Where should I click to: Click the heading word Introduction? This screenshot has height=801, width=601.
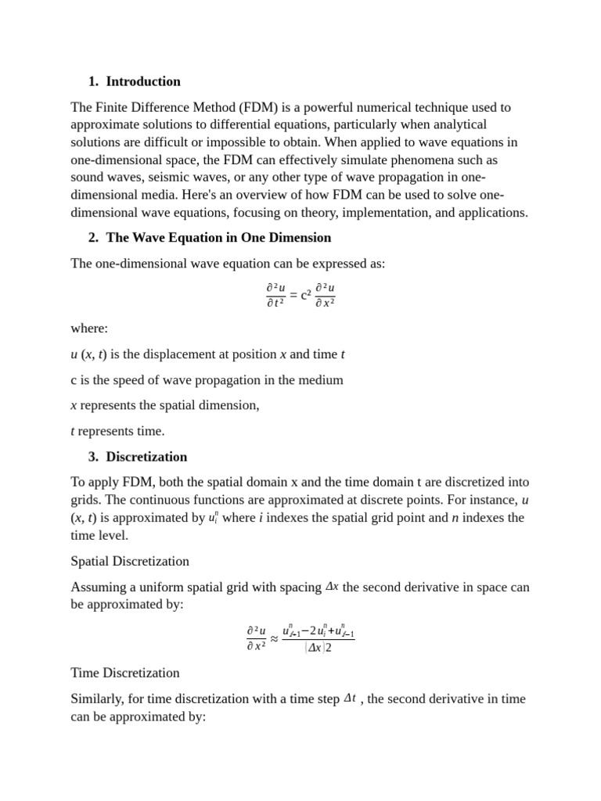pyautogui.click(x=143, y=81)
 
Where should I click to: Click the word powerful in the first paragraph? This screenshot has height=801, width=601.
pyautogui.click(x=313, y=107)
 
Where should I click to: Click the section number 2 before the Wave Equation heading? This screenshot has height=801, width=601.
pyautogui.click(x=92, y=238)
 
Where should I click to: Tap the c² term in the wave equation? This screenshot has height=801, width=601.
pyautogui.click(x=307, y=295)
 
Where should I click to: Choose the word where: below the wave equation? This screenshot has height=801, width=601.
pyautogui.click(x=89, y=329)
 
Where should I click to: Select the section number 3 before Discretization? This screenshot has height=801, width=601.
pyautogui.click(x=92, y=457)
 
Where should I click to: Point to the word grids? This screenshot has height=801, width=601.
pyautogui.click(x=86, y=500)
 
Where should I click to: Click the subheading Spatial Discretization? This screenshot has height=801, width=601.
pyautogui.click(x=130, y=561)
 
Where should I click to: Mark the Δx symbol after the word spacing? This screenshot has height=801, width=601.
pyautogui.click(x=332, y=587)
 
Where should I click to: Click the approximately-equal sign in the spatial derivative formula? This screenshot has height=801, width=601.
pyautogui.click(x=274, y=638)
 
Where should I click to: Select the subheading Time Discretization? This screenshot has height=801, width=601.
pyautogui.click(x=125, y=673)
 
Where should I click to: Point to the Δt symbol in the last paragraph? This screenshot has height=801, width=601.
pyautogui.click(x=351, y=698)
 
